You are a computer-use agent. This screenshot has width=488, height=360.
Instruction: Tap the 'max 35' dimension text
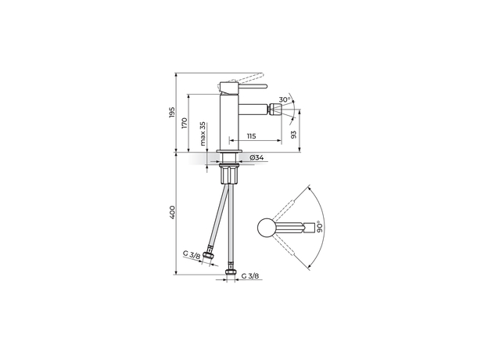[x=203, y=134]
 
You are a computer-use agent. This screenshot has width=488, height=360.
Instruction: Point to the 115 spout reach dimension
[x=251, y=136]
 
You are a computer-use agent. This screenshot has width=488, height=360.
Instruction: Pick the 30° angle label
[x=287, y=99]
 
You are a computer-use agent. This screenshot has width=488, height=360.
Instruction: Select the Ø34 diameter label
[x=257, y=159]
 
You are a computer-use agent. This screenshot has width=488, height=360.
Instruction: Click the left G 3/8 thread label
[x=191, y=255]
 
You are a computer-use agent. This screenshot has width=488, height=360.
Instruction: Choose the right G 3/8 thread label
[x=252, y=276]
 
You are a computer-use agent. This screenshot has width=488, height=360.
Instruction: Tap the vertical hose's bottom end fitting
[x=230, y=273]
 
